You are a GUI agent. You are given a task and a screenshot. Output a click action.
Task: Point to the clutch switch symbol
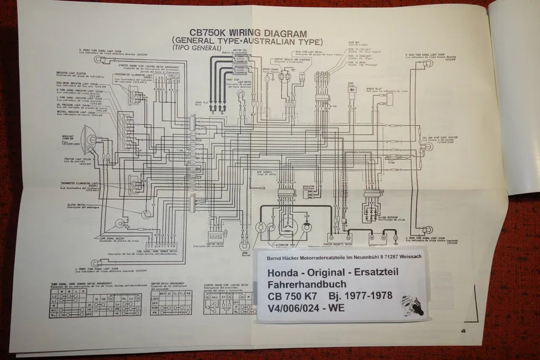(147, 214)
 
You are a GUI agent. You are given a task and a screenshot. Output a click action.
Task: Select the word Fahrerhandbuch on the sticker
(303, 285)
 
